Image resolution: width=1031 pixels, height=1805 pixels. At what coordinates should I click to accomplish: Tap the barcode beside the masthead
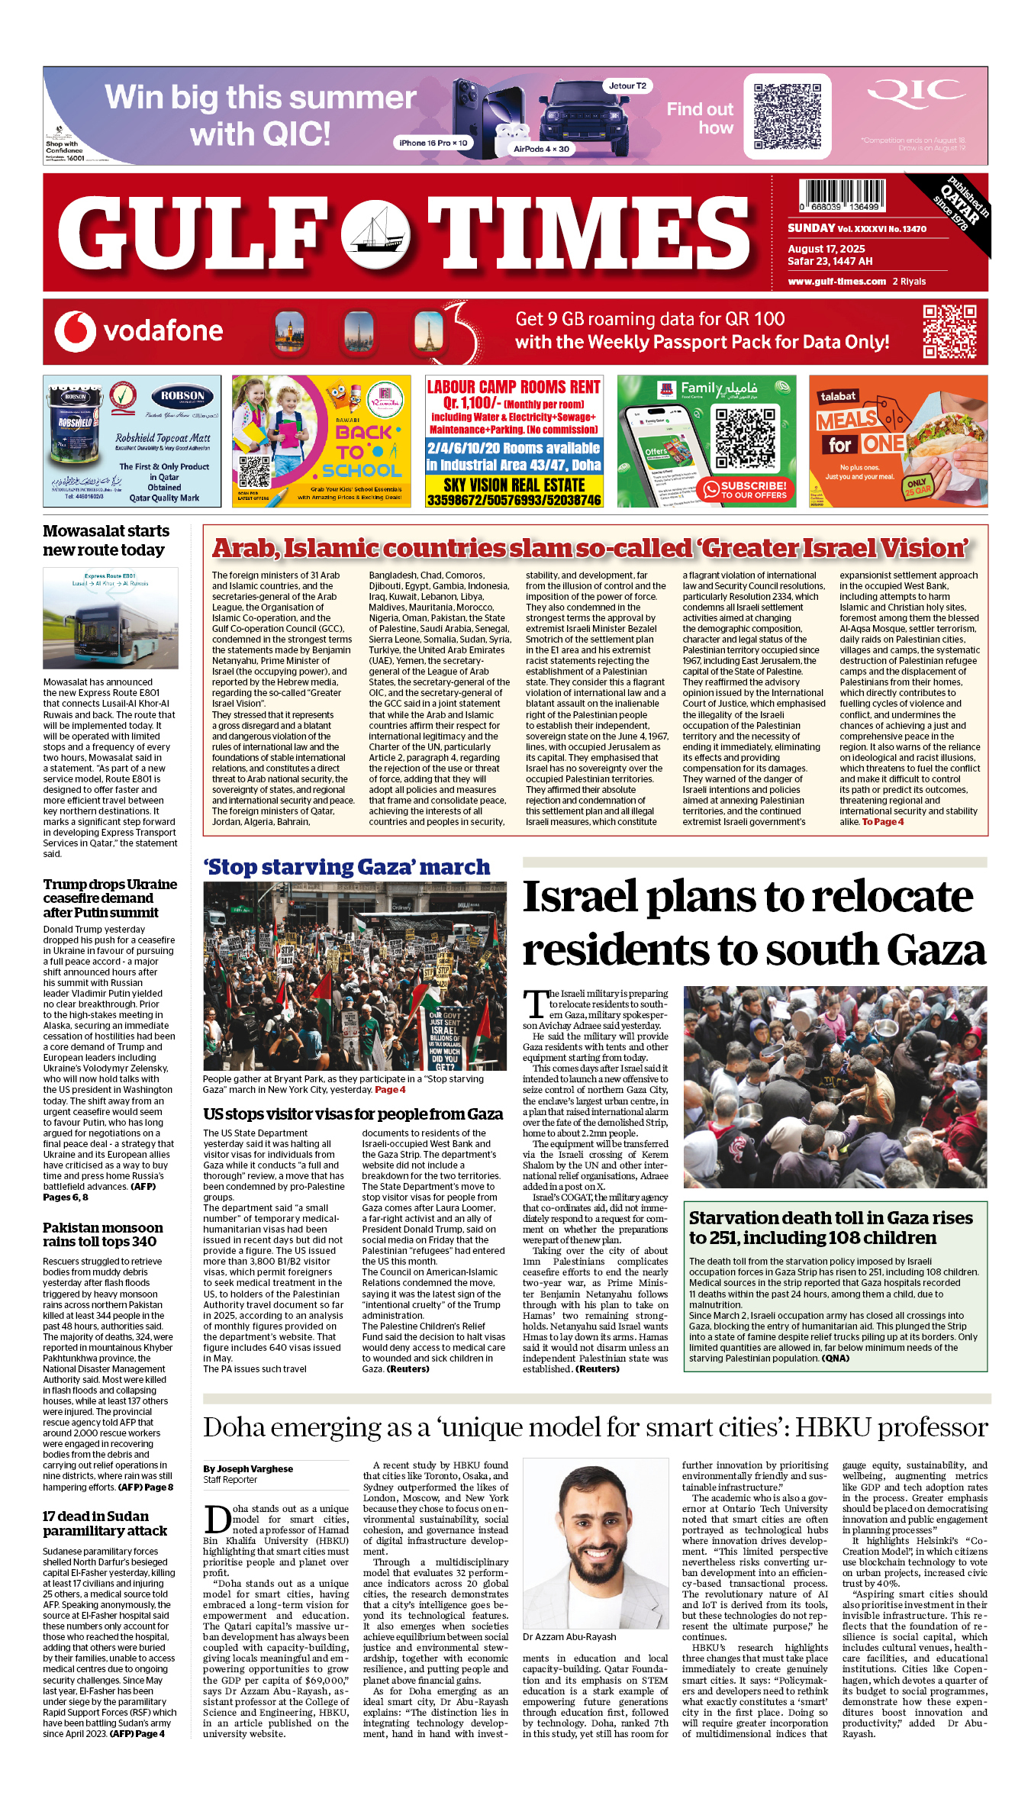click(842, 195)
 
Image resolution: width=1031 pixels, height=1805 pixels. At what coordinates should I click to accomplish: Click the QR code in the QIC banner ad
click(787, 116)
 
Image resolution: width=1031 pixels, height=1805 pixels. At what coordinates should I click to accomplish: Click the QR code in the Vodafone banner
click(949, 331)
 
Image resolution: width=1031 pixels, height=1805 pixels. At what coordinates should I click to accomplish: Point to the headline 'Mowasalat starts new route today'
click(105, 540)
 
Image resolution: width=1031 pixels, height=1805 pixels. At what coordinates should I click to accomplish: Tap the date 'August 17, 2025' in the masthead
click(826, 249)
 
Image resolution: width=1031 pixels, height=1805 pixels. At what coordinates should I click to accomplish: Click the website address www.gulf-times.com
click(836, 282)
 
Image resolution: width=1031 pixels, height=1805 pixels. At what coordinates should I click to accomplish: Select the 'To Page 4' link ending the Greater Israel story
click(882, 822)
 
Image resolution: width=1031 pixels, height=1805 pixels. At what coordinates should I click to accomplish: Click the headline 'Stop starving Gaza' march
click(346, 868)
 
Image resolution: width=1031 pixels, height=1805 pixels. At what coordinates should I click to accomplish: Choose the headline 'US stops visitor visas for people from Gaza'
click(353, 1114)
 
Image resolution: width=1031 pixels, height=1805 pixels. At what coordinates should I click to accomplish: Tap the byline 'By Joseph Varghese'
click(247, 1468)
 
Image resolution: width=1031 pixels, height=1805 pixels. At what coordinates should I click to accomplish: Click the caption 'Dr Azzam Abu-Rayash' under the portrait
click(569, 1637)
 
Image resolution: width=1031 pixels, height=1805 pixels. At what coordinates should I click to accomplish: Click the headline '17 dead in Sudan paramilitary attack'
click(105, 1523)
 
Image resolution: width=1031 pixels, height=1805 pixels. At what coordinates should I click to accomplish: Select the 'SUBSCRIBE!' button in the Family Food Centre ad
click(746, 489)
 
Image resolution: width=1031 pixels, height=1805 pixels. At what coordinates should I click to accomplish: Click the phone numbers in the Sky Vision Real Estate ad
click(514, 500)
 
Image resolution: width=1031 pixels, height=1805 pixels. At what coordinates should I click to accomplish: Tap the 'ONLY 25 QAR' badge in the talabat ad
click(918, 487)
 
